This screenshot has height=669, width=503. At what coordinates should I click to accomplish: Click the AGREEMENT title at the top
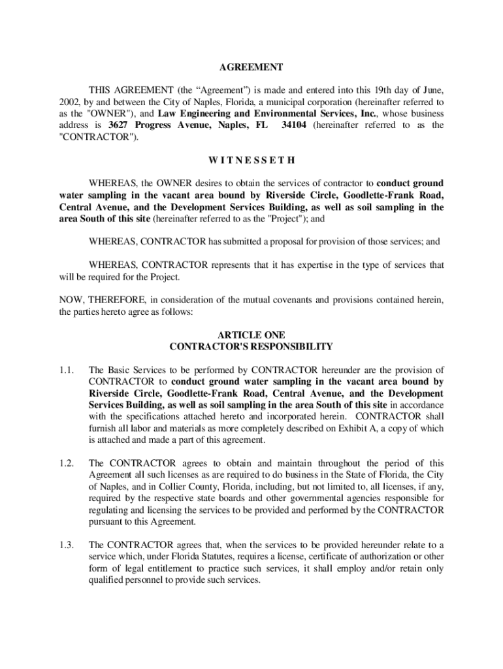[251, 67]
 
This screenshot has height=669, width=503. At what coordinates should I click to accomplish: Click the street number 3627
[120, 125]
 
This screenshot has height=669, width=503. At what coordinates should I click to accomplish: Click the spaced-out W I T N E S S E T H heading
[251, 159]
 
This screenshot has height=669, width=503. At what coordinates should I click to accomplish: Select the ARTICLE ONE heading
[251, 335]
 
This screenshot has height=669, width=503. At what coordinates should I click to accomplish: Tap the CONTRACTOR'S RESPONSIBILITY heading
[251, 347]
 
